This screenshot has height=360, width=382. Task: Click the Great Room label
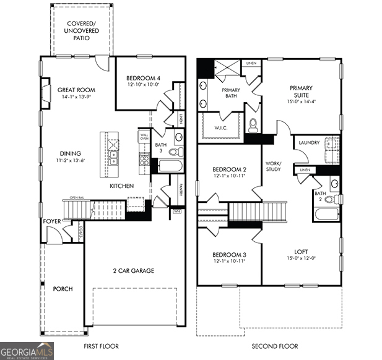[76, 89]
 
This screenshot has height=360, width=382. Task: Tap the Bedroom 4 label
[143, 77]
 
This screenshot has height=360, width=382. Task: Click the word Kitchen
[122, 186]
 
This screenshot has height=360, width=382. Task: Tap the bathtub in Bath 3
[169, 165]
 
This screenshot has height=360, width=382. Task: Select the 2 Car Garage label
[133, 270]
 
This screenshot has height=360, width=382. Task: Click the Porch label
[63, 289]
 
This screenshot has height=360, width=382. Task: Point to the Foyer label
[51, 221]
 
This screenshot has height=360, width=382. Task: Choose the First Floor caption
[101, 346]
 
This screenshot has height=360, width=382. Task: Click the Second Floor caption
[276, 346]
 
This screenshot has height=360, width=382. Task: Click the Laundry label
[309, 143]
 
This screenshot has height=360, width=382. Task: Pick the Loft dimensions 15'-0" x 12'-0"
[301, 258]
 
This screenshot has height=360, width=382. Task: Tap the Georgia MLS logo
[27, 351]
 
